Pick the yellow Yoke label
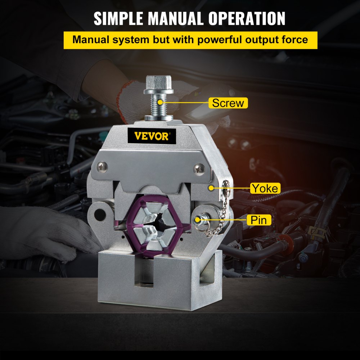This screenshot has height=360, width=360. tap(265, 188)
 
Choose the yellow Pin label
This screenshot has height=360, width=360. tap(258, 220)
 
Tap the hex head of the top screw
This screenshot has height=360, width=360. tap(156, 84)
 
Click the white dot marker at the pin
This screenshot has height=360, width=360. tap(198, 219)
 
